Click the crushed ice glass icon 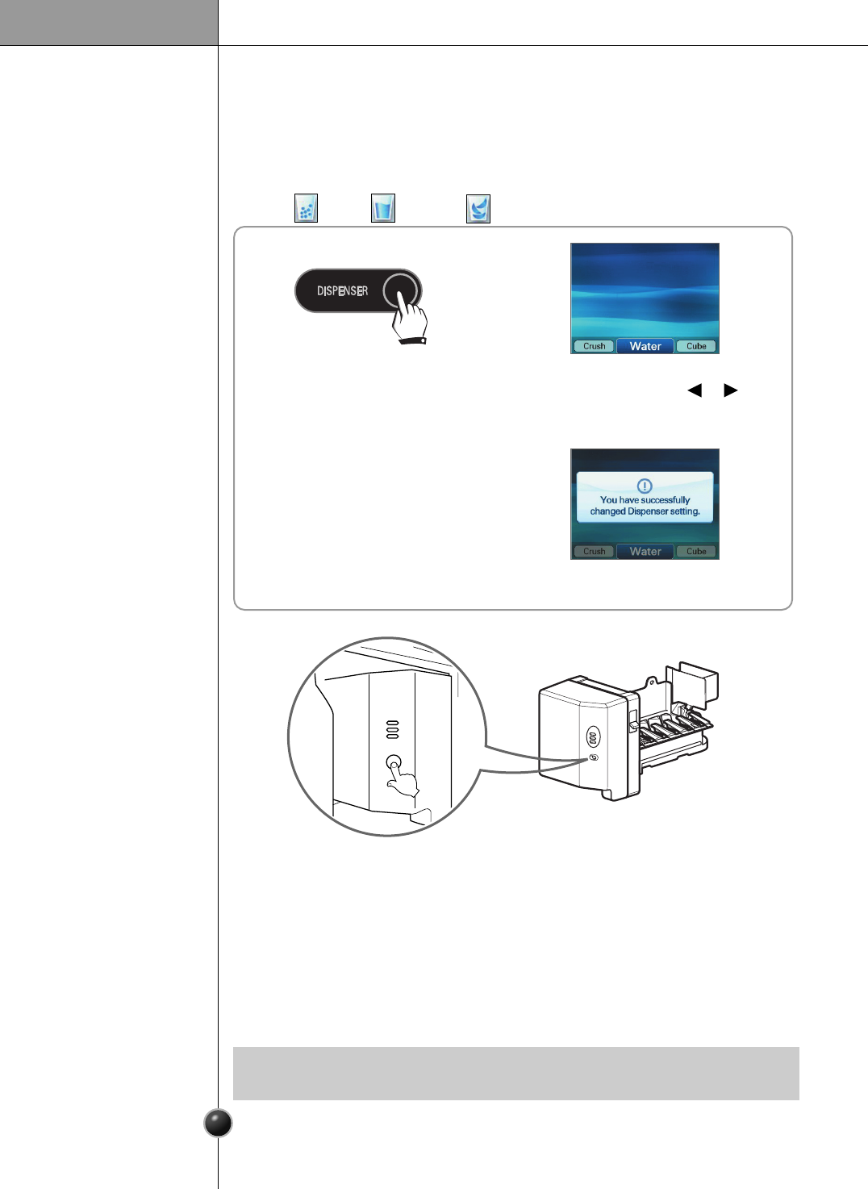point(306,208)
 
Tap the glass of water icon point(382,208)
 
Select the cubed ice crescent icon point(478,209)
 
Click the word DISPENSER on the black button point(342,290)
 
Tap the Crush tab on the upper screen point(594,346)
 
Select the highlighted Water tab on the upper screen point(645,346)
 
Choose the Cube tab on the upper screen point(696,346)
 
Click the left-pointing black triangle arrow point(694,390)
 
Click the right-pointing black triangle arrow point(731,390)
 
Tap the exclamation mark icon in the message point(645,486)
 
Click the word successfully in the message point(666,500)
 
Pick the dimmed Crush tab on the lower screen point(594,552)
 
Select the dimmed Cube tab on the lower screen point(696,552)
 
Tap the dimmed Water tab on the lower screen point(645,552)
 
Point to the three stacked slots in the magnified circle point(392,729)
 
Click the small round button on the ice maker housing point(595,757)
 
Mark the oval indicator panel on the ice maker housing point(593,736)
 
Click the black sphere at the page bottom point(218,1123)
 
